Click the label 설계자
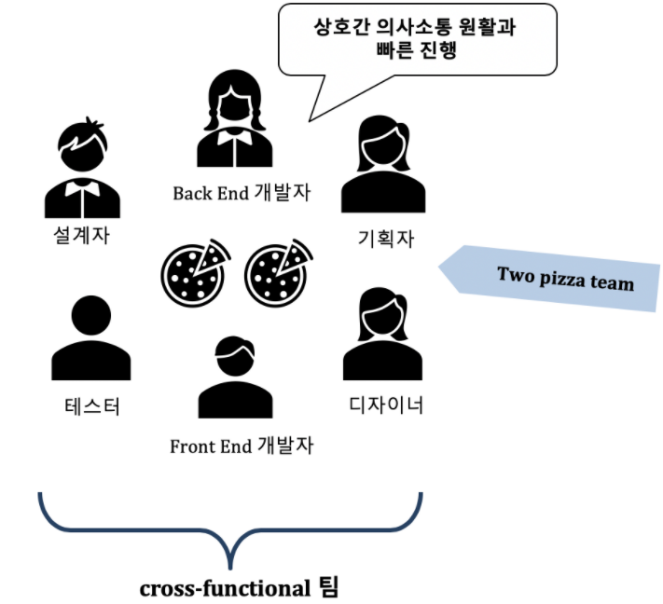(82, 236)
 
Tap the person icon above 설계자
(82, 169)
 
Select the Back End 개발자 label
(241, 193)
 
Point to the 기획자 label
(385, 240)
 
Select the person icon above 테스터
(90, 337)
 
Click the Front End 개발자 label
(242, 446)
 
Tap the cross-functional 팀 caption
(240, 588)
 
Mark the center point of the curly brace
(230, 541)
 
